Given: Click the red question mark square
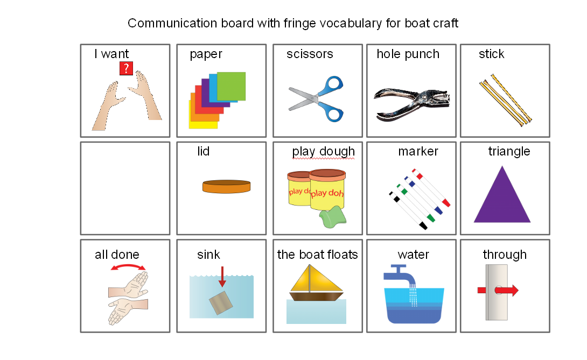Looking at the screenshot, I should point(126,68).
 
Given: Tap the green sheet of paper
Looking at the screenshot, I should point(232,86).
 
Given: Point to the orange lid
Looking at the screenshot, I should point(227,186).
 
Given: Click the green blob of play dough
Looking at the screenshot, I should point(333,216).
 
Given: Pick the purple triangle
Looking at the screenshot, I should point(502,196).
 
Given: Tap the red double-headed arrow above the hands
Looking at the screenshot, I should point(128,267).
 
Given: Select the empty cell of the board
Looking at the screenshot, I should point(125,188).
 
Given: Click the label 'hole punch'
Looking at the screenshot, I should point(408,54).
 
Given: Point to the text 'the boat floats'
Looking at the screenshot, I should point(317,255).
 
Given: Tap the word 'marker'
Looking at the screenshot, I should point(418,152).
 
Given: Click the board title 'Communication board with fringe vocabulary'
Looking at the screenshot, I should point(293,24).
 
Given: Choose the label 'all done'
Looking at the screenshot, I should point(117,255).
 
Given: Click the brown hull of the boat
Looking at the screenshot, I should point(317,295).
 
